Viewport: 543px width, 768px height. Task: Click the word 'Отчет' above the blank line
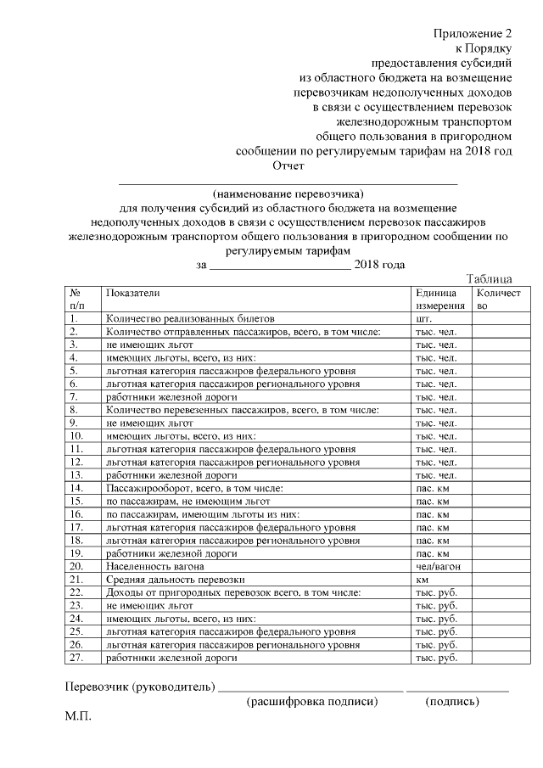click(x=287, y=166)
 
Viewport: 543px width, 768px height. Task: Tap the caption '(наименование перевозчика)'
click(x=288, y=193)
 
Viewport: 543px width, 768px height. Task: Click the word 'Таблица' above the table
click(x=489, y=277)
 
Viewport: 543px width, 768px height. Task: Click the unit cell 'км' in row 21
click(x=422, y=579)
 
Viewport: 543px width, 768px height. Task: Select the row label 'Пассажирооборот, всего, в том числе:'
click(x=188, y=488)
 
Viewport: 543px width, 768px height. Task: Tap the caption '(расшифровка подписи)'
click(x=311, y=702)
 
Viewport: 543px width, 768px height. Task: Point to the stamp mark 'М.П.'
click(x=78, y=718)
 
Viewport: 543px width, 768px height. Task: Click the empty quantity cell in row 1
click(x=501, y=318)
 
